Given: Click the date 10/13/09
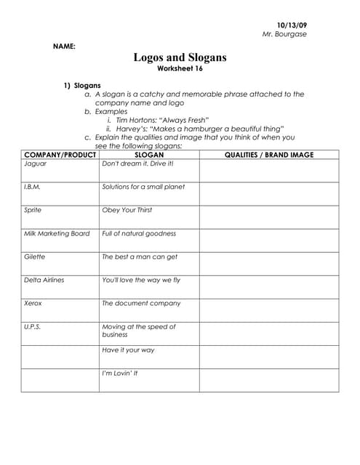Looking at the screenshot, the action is coord(292,25).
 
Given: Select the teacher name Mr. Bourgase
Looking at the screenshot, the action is coord(284,34).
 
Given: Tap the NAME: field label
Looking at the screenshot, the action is coord(64,46).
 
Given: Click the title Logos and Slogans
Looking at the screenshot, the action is coord(180,57).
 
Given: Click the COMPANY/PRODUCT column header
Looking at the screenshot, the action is coord(60,155).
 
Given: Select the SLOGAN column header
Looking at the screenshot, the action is coord(149,155).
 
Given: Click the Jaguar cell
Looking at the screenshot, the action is coord(36,163).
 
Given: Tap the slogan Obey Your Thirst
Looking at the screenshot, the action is coord(127,210).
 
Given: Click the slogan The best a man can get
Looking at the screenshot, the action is coord(139,256).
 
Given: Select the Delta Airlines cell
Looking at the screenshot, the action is coord(44,280).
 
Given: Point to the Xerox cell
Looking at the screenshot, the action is coord(33,303).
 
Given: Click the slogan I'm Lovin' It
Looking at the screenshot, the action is coord(119,373).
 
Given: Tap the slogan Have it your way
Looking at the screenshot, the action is coord(128,349).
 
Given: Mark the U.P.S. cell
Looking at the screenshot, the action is coord(33,326).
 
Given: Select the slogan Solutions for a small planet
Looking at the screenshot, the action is coord(143,187).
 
